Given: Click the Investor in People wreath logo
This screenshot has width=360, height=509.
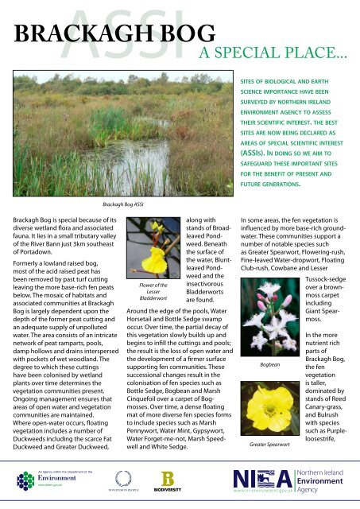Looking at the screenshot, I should [123, 480].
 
